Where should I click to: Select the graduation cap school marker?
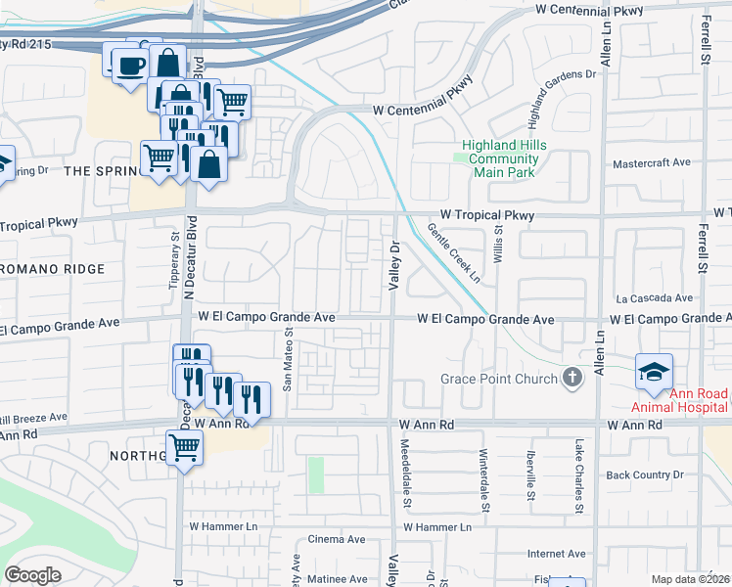coord(654,372)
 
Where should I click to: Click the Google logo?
coord(32,575)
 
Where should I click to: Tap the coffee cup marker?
coord(130,66)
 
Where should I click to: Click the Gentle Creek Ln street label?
coord(453,253)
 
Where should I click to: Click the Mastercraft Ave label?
coord(651,162)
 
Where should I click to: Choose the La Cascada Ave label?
coord(654,298)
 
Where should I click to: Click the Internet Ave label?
coord(556,553)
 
